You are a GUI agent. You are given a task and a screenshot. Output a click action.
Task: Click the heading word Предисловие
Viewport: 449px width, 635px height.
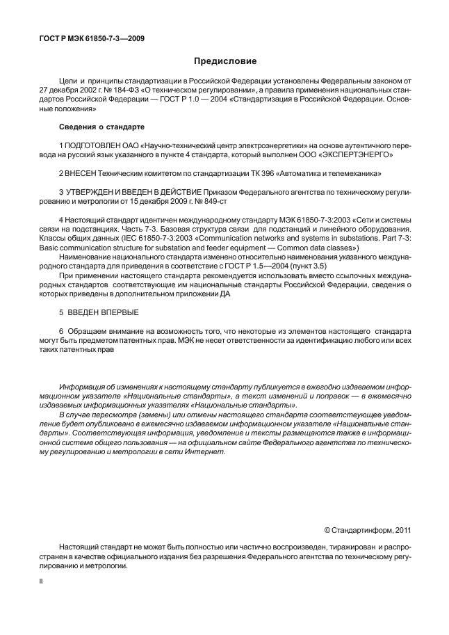[x=224, y=61]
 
